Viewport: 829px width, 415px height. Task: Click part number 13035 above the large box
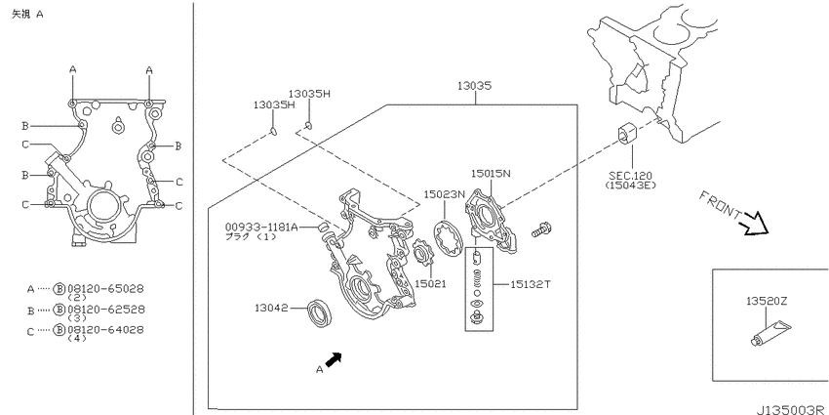pos(475,86)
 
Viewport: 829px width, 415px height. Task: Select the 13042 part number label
pos(271,307)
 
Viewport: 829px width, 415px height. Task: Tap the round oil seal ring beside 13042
pos(321,312)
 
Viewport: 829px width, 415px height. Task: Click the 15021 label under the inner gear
pos(430,284)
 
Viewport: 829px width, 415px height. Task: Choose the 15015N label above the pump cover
pos(492,173)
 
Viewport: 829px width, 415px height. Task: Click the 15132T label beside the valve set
pos(531,284)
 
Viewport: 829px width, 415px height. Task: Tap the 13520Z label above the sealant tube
pos(767,301)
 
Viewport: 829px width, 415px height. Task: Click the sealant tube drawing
pos(771,332)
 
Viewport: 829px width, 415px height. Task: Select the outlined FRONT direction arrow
pos(755,224)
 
